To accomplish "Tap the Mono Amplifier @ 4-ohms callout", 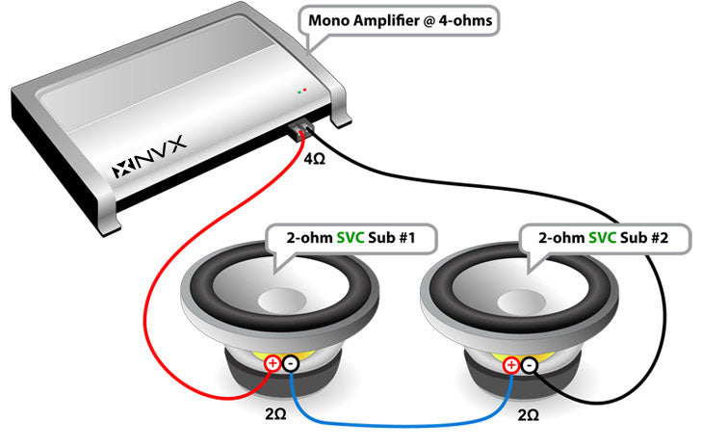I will click(x=402, y=21).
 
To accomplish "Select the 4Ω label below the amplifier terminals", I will click(x=315, y=156).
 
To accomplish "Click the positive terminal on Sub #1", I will click(x=273, y=363).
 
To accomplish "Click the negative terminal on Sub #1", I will click(x=290, y=364).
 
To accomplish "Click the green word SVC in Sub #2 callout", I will click(x=595, y=237).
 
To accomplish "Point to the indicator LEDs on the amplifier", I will click(x=302, y=92).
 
